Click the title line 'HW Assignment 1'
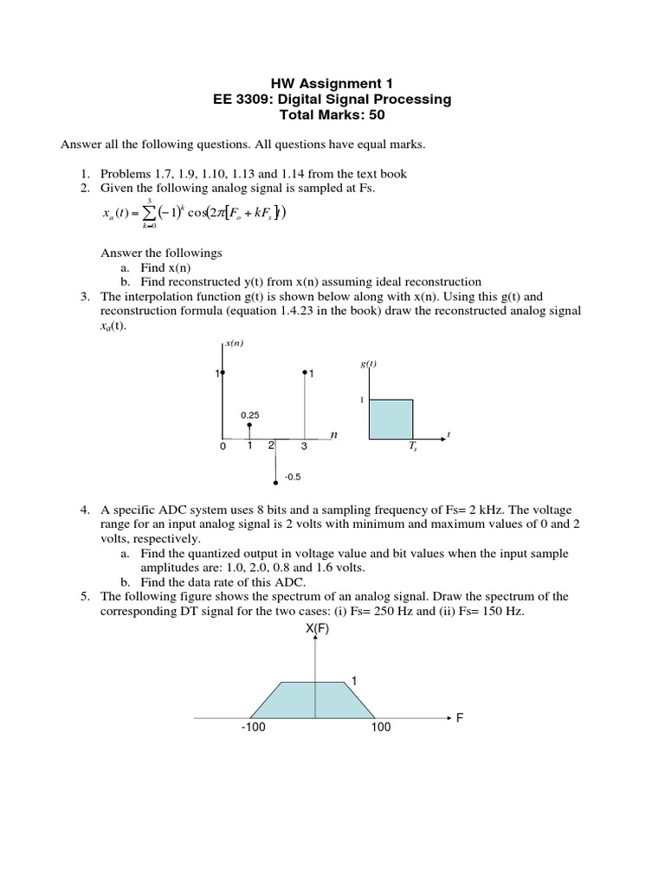pos(332,84)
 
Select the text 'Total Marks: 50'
pos(332,114)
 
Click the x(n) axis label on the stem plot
pos(234,343)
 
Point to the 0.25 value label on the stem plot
pos(250,414)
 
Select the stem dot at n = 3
pos(304,373)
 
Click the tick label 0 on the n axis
pos(223,446)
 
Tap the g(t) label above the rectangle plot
pos(368,364)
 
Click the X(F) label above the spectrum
pos(317,629)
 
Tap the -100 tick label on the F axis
pos(254,728)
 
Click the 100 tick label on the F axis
pos(381,728)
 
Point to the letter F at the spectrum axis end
pos(461,718)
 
